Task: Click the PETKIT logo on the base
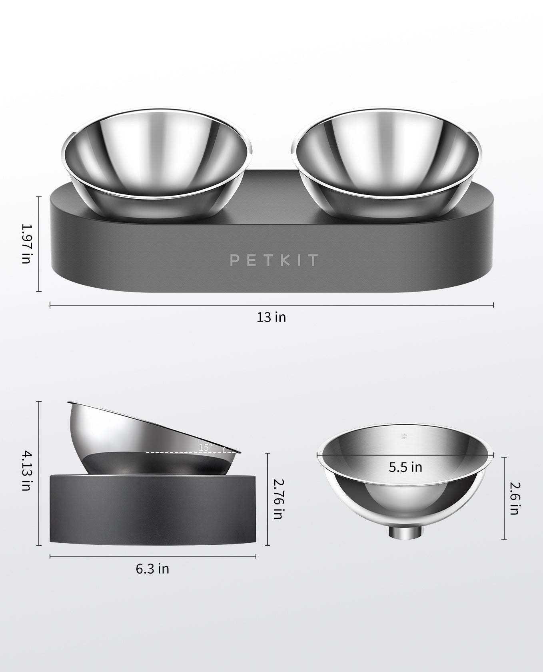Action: (274, 260)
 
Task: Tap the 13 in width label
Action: (271, 317)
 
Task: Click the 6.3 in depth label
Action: (152, 568)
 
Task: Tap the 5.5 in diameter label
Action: (405, 467)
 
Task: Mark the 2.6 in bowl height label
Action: (515, 498)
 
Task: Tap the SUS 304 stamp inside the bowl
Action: (403, 436)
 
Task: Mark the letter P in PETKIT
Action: (235, 260)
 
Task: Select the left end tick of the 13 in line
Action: (50, 305)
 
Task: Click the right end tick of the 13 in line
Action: (493, 305)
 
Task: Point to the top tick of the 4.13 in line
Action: (39, 402)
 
